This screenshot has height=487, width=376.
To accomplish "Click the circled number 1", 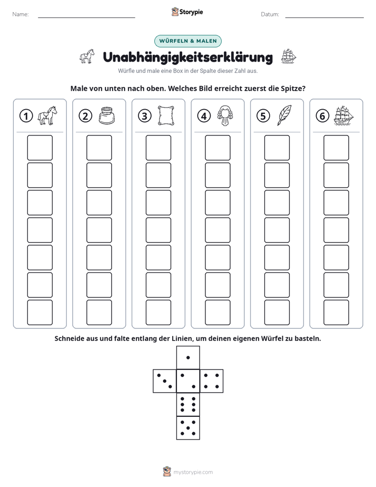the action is [26, 116].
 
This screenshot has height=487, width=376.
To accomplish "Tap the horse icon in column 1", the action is [47, 115].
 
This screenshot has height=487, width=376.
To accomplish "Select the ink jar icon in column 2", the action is [107, 115].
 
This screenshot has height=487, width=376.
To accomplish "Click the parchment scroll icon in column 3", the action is [166, 115].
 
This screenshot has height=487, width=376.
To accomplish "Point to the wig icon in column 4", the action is [225, 115].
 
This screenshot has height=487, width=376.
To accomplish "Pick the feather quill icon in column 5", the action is [284, 115].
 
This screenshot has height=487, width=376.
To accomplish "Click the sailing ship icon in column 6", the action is [344, 115].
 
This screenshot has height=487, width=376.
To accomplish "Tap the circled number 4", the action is [204, 116].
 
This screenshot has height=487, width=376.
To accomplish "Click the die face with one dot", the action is [188, 358].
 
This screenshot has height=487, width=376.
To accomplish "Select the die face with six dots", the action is [188, 404].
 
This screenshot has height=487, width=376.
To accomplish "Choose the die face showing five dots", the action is [188, 428].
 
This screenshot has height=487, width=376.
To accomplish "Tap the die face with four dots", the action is [212, 381].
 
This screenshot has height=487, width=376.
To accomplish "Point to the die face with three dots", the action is [165, 381].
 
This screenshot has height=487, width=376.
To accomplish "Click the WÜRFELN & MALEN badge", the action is [188, 41].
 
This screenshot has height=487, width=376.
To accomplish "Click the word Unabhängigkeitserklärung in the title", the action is [187, 57].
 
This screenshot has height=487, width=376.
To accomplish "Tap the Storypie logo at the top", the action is [187, 12].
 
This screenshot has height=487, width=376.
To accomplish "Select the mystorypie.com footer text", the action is [193, 472].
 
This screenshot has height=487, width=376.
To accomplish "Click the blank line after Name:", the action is [86, 17].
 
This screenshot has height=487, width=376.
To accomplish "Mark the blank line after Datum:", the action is [324, 17].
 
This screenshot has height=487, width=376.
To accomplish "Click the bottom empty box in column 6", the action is [337, 313].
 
